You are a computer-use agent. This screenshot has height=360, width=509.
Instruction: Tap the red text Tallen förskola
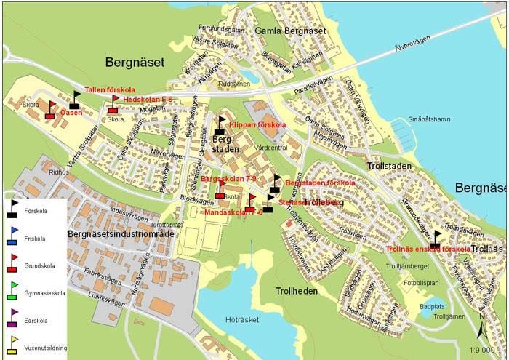[105, 89]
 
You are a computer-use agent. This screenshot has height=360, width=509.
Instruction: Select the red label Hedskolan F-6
[148, 99]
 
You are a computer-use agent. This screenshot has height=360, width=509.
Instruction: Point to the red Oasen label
[71, 113]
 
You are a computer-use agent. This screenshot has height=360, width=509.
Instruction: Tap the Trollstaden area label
[392, 166]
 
